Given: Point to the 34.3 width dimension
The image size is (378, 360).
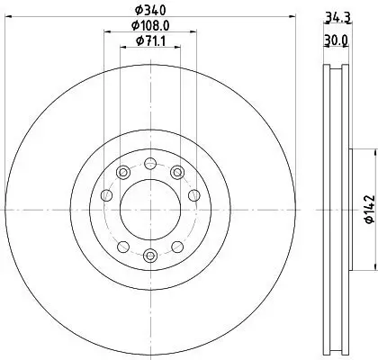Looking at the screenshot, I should point(336,16).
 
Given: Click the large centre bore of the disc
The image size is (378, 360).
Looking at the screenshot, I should point(148,208).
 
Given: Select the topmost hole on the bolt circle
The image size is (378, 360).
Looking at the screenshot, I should point(148,163).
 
